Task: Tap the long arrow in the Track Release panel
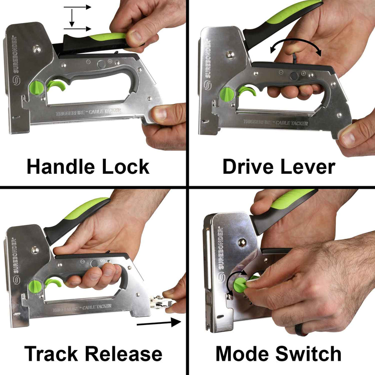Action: point(158,322)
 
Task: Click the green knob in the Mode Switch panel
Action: point(241,285)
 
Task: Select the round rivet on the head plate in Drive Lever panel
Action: point(230,54)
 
